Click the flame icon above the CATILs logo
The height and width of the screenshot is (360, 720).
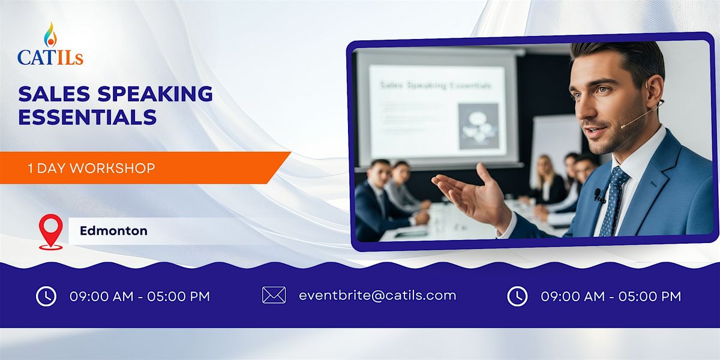pos(50,35)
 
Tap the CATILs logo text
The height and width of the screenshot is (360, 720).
pos(50,57)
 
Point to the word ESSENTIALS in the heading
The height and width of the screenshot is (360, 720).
pos(87,116)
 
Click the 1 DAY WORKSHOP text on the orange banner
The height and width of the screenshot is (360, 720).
pos(91,168)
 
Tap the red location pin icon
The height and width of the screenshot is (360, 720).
pos(50,230)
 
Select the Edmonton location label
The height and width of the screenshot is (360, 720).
pos(113,230)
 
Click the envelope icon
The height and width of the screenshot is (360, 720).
pos(274,295)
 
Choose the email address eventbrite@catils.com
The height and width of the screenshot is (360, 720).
pos(377,295)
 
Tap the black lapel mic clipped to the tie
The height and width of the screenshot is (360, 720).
pos(598,195)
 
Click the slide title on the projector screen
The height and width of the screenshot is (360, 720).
pos(435,86)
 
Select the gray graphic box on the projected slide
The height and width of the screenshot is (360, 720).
pos(478,126)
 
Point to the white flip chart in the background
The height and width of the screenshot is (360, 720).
pos(555,144)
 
